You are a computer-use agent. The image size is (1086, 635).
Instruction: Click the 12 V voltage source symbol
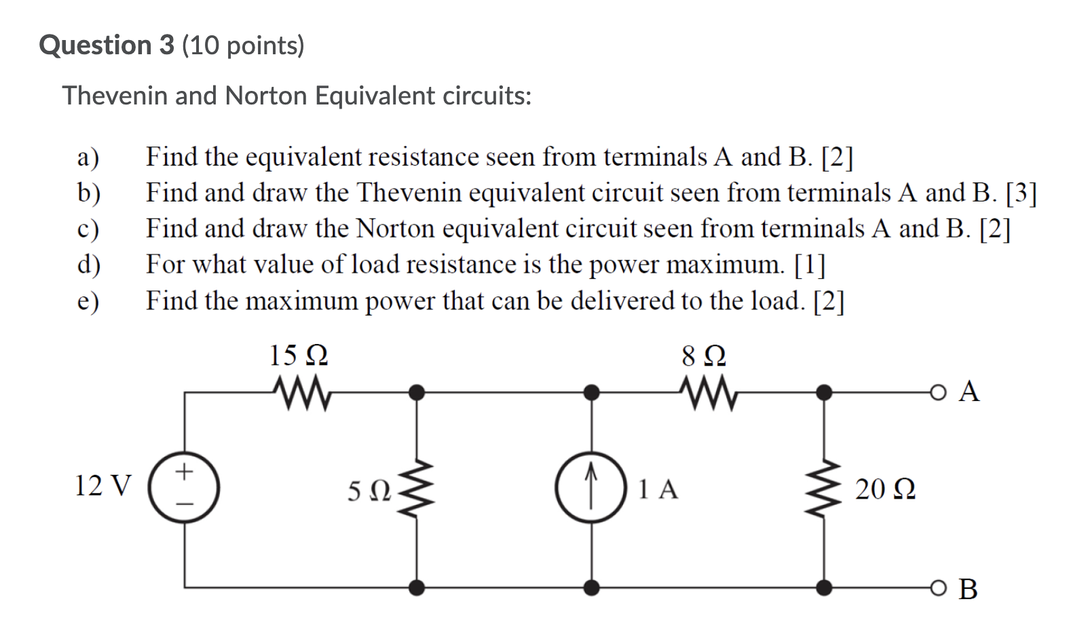point(184,488)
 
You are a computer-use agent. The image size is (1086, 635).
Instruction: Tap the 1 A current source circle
point(591,488)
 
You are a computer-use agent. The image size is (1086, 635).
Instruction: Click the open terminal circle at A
point(937,392)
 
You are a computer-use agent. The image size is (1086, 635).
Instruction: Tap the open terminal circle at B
point(937,588)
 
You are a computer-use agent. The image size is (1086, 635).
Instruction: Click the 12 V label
point(102,486)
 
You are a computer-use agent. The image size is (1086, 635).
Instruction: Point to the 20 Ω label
point(885,489)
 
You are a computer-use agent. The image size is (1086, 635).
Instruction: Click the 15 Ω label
point(299,355)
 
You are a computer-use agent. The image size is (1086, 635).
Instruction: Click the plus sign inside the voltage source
point(184,469)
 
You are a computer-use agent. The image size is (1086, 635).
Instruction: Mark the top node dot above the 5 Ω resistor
point(417,392)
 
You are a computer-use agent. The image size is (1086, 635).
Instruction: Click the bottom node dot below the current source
point(592,588)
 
